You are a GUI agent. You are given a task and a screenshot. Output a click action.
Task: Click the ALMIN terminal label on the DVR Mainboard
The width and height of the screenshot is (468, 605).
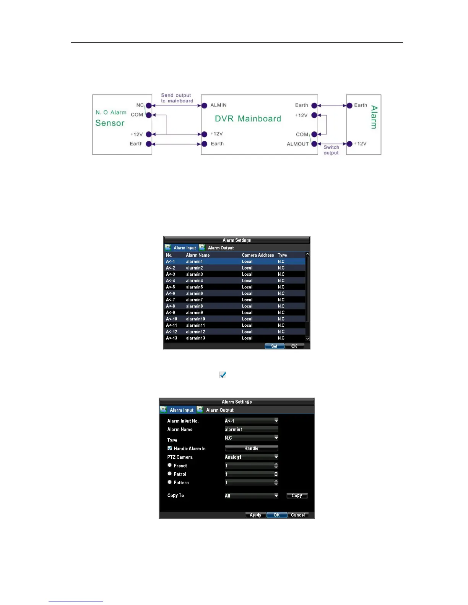point(218,105)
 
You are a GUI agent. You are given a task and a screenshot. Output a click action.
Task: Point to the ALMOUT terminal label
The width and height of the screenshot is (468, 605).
point(297,144)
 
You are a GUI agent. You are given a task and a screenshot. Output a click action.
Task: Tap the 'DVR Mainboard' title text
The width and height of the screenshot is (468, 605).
point(248,119)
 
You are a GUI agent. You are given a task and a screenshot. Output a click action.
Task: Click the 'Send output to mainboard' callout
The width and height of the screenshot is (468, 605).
point(177,98)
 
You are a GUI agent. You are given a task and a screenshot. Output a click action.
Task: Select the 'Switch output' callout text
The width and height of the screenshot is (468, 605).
point(331,150)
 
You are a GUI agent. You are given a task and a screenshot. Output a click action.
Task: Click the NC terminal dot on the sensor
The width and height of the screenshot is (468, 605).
point(149,105)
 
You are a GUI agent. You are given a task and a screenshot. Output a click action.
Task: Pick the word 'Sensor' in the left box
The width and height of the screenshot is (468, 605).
point(110,123)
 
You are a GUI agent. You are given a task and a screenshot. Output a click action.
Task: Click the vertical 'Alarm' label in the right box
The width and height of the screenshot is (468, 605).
point(374,117)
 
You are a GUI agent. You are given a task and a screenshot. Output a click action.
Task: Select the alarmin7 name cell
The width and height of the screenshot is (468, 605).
point(194,300)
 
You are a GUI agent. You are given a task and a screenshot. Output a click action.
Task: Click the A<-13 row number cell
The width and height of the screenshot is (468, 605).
point(171,338)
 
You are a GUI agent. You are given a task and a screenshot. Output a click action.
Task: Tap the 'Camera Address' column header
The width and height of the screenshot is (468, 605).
point(258,255)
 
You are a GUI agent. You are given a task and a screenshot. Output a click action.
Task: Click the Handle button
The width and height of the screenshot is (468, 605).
point(251,448)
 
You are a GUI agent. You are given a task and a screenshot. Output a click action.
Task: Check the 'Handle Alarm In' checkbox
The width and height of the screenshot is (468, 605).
point(170,448)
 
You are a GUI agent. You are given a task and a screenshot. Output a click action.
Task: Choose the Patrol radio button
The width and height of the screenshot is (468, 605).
point(170,474)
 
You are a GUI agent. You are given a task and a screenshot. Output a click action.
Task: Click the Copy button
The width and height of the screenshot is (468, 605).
point(297,495)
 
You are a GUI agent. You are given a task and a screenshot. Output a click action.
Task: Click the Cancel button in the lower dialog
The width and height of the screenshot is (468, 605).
point(297,515)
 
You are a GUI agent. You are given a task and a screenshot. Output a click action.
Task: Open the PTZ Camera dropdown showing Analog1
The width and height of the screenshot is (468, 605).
point(251,457)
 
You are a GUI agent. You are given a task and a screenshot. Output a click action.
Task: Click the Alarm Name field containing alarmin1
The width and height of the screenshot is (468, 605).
point(251,429)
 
